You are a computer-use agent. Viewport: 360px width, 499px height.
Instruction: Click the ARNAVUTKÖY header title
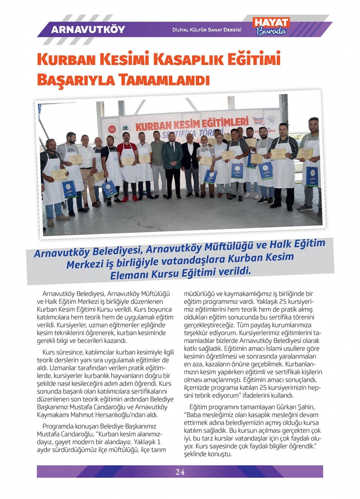coord(88,30)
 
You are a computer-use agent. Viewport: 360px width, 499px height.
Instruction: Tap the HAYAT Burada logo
coord(271,27)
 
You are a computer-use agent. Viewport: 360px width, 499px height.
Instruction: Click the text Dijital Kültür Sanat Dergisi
coord(207,30)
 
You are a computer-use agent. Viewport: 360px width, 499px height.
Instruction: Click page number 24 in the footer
coord(180,472)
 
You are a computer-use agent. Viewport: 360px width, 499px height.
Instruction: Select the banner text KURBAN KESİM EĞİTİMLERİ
coord(192,123)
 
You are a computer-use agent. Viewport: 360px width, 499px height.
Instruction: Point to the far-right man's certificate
coord(305,153)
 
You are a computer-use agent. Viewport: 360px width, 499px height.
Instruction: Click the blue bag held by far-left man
coord(69,189)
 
